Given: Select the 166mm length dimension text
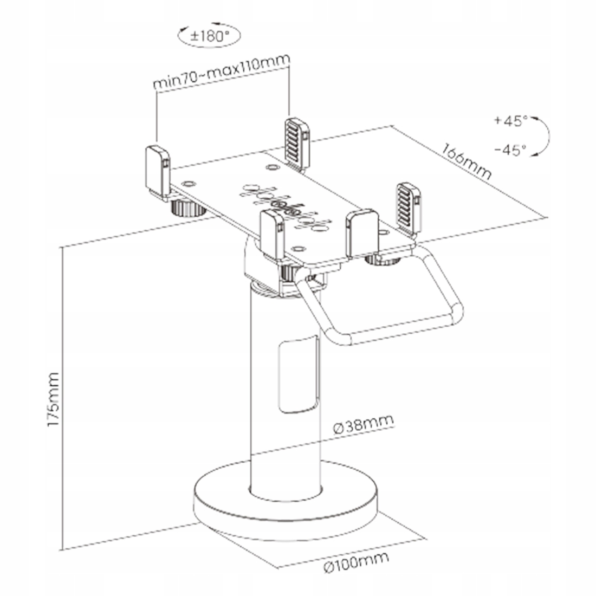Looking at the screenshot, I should (467, 161).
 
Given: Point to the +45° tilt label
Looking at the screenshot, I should (510, 121).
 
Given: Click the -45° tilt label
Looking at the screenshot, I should (510, 150).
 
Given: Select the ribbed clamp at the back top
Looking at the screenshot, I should (297, 143).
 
